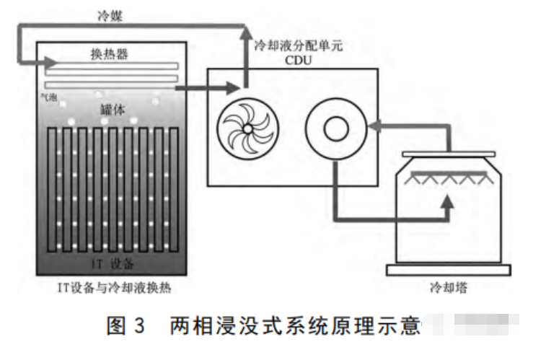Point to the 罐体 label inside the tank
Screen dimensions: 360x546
pyautogui.click(x=112, y=109)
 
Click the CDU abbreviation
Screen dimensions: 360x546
pyautogui.click(x=298, y=61)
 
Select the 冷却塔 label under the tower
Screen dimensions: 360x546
pyautogui.click(x=448, y=286)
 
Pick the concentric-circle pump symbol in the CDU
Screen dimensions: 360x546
pyautogui.click(x=335, y=128)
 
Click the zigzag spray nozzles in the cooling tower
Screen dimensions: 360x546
pyautogui.click(x=448, y=178)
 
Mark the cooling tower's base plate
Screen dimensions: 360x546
pyautogui.click(x=448, y=271)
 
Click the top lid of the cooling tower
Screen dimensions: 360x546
pyautogui.click(x=448, y=154)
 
